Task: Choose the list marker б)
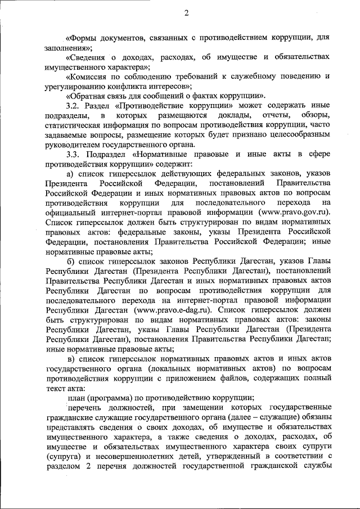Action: tap(70, 260)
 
